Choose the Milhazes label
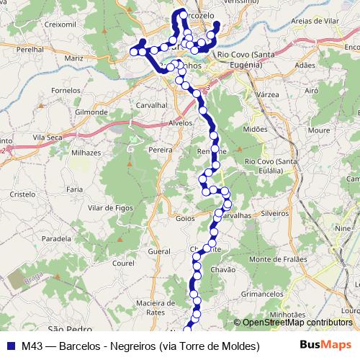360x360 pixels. click(x=86, y=153)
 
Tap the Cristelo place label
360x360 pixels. click(x=22, y=194)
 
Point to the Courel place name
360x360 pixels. click(x=124, y=264)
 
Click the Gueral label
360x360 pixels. click(x=158, y=252)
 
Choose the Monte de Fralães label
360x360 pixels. click(x=278, y=259)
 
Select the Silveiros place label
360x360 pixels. click(x=274, y=214)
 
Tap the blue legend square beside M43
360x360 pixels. click(x=11, y=346)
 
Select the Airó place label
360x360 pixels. click(x=312, y=91)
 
